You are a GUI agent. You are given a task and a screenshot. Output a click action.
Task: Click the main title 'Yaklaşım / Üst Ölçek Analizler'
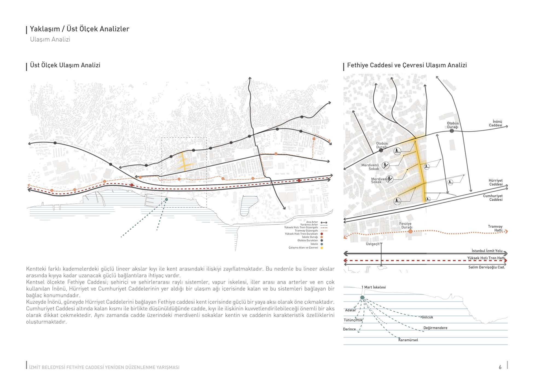[x=79, y=29]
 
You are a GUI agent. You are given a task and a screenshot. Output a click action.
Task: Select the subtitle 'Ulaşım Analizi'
[x=50, y=39]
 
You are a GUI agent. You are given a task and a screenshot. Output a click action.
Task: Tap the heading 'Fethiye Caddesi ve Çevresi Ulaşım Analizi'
[x=407, y=65]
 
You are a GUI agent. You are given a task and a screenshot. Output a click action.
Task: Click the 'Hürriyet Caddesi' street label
[x=496, y=182]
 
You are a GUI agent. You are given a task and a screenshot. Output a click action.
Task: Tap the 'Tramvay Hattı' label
[x=495, y=228]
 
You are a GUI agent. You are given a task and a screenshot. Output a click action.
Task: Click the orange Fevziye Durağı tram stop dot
[x=410, y=232]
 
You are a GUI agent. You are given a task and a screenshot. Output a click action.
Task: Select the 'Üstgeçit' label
[x=373, y=244]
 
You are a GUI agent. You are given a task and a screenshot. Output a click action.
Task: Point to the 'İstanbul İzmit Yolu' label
[x=487, y=251]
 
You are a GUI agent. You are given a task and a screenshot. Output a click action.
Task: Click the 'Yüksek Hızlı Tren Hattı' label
[x=486, y=258]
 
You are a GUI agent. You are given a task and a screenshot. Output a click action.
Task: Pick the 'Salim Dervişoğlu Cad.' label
[x=486, y=267]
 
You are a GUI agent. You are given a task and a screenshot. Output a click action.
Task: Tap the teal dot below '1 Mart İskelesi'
[x=362, y=298]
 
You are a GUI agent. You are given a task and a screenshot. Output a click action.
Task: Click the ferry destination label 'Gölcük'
[x=427, y=317]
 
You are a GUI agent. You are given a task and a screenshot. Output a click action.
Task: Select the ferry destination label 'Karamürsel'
[x=408, y=340]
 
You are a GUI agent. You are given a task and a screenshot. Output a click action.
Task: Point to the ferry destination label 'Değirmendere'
[x=435, y=328]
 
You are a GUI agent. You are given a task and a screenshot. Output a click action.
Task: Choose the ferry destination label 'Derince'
[x=349, y=329]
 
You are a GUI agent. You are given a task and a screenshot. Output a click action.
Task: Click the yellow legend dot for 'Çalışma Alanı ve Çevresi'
[x=322, y=248]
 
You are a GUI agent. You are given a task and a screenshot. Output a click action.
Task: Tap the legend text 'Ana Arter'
[x=312, y=222]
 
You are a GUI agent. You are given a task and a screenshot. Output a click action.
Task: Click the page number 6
[x=500, y=367]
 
